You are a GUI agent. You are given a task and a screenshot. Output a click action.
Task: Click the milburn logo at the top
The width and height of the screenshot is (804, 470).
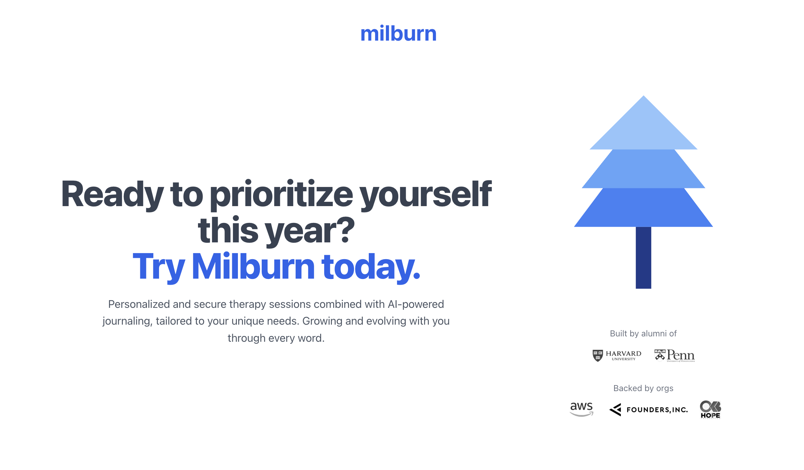398,34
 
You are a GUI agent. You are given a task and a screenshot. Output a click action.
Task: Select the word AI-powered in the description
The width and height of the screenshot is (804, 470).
416,304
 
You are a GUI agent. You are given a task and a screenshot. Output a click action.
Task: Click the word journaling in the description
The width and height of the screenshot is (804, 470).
127,321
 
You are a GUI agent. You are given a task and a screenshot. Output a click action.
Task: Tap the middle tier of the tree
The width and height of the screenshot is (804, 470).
643,169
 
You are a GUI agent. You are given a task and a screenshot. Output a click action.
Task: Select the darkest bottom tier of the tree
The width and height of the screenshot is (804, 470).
643,208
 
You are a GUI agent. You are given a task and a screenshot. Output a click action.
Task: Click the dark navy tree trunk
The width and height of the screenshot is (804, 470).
643,258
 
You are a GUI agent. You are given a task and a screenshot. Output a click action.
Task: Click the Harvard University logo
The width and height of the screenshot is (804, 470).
617,356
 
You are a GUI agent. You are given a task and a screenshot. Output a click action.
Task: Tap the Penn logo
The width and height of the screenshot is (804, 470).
674,356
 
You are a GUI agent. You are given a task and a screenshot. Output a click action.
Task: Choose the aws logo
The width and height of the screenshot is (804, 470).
582,409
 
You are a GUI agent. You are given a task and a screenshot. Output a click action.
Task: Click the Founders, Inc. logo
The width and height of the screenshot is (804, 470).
648,410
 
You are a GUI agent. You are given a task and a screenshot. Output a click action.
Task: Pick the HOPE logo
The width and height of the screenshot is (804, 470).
710,410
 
